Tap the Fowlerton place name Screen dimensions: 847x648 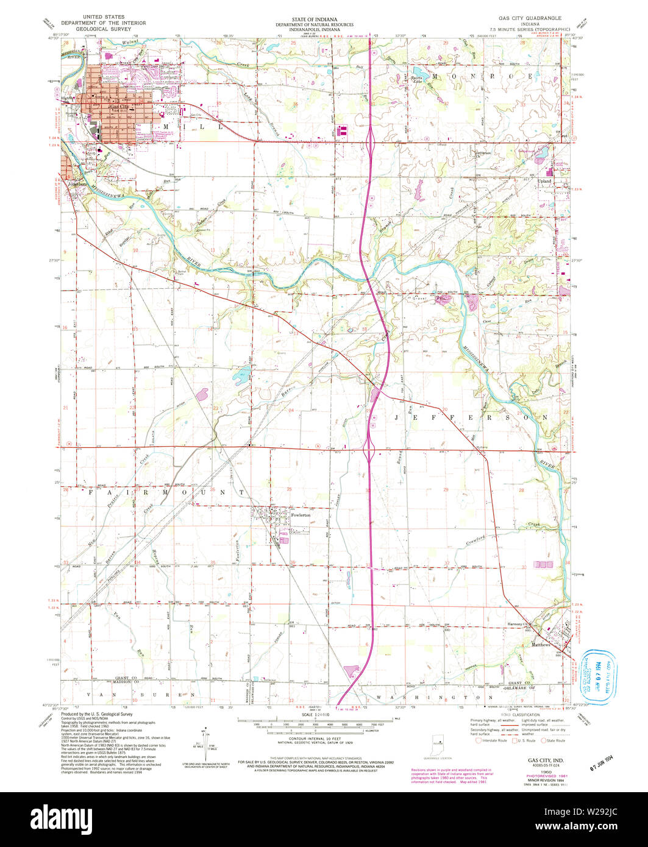point(301,516)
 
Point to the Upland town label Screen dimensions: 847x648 point(544,182)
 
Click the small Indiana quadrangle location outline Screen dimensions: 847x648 point(436,743)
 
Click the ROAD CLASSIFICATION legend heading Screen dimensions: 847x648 point(514,714)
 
